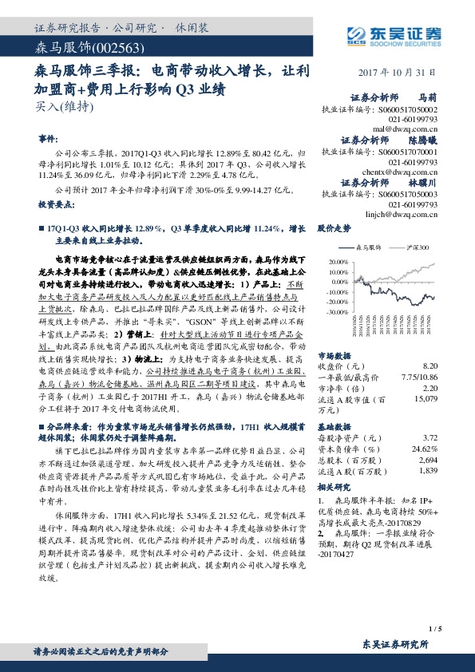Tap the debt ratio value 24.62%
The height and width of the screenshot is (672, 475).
click(426, 449)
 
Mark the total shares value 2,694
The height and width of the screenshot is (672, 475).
click(429, 461)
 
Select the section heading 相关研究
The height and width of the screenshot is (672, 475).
click(333, 486)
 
